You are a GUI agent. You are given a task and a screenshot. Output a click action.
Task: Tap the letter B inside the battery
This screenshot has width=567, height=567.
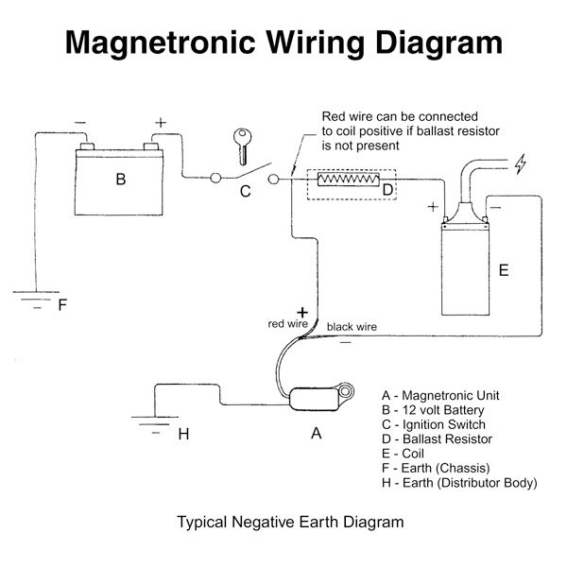coord(121,179)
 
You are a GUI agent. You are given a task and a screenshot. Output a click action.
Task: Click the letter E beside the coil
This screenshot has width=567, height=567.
coord(504,270)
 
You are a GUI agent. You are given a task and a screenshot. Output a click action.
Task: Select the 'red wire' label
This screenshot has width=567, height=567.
coord(288,323)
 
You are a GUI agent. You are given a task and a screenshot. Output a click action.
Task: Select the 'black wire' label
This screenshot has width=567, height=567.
coord(352,327)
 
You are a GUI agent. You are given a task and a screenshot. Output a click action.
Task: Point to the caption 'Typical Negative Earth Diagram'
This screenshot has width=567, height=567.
coord(290,521)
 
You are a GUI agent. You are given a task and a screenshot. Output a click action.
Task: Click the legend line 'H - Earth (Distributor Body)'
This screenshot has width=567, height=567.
coord(459,483)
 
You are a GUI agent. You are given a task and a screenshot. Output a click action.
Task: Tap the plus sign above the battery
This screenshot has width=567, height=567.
coord(161,122)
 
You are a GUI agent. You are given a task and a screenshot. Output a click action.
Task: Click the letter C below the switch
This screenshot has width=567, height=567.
coord(244,192)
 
